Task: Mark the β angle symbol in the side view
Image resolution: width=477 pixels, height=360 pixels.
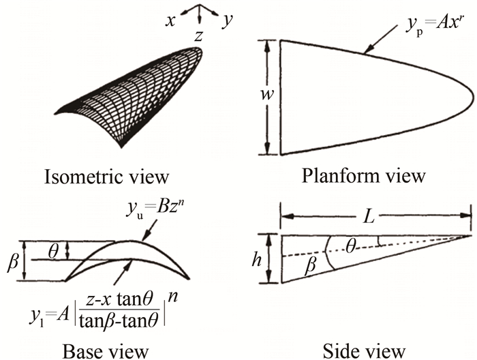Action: (311, 267)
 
